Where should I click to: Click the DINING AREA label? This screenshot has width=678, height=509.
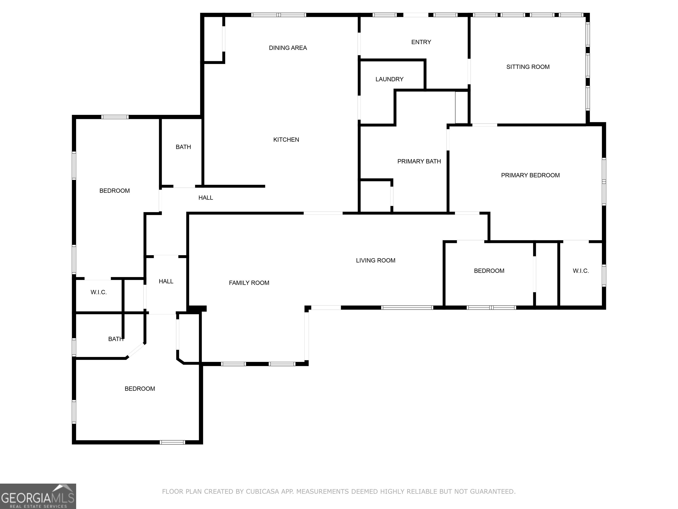(x=288, y=48)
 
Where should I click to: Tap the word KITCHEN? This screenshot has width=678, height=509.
(x=286, y=140)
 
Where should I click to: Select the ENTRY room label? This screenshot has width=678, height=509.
(x=421, y=42)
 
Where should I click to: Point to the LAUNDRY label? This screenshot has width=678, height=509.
(x=389, y=79)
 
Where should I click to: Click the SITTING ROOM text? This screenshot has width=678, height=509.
(x=527, y=67)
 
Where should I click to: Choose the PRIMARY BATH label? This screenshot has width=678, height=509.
(x=419, y=161)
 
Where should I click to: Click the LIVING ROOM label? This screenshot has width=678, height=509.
(x=375, y=260)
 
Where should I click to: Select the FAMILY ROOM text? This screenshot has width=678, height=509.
(x=249, y=283)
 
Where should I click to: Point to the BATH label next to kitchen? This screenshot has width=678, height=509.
(x=183, y=147)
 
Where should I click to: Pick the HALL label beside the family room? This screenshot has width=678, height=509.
(x=166, y=281)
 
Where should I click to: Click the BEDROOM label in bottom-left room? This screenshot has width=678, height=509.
(x=139, y=389)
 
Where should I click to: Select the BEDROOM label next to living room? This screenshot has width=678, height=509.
(x=489, y=271)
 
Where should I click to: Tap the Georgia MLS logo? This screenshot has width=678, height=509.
(x=38, y=496)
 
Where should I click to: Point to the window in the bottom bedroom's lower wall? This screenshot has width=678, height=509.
(x=172, y=442)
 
